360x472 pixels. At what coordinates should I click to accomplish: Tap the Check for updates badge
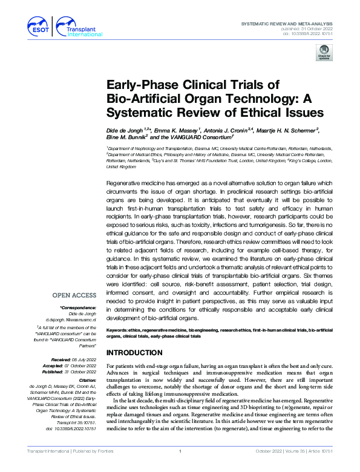(325, 54)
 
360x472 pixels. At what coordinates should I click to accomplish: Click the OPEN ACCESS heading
(74, 295)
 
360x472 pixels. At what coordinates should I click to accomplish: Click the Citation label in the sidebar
(85, 378)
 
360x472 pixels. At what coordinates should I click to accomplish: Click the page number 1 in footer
(180, 467)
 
